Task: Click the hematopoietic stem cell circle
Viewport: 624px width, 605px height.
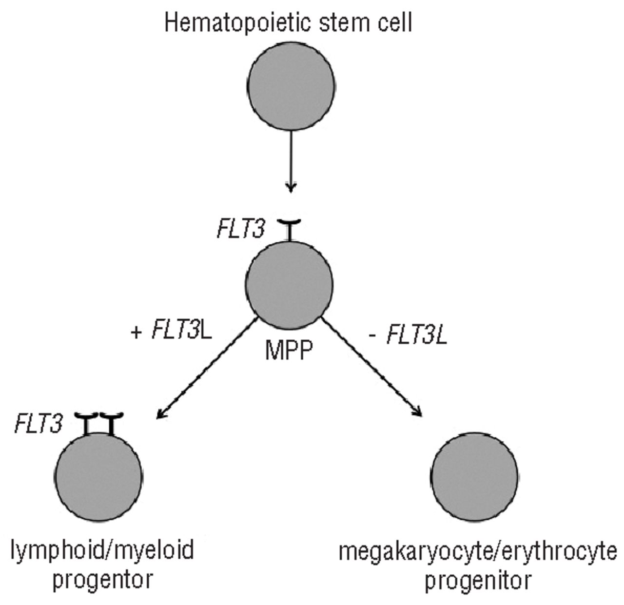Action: click(291, 87)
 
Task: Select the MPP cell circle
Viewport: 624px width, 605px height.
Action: click(290, 284)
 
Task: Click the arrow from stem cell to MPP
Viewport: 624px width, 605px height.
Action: click(291, 161)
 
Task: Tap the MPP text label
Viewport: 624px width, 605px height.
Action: click(288, 350)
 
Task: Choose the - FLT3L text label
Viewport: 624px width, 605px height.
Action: click(409, 335)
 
